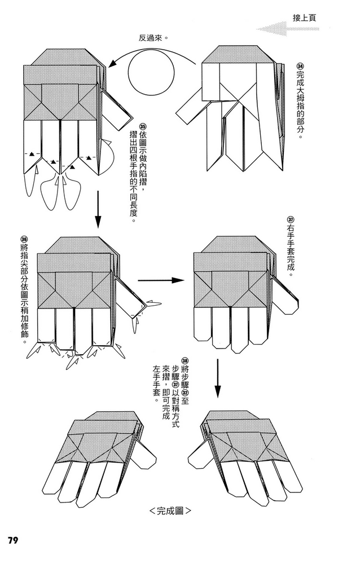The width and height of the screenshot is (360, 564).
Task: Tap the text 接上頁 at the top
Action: pos(304,17)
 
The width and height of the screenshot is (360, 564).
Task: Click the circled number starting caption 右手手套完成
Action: pos(291,220)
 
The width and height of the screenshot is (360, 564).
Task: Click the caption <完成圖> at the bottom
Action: pos(170,512)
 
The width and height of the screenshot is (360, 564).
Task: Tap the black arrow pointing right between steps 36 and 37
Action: pos(161,280)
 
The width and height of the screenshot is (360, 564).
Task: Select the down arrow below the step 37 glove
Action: pos(218,379)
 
